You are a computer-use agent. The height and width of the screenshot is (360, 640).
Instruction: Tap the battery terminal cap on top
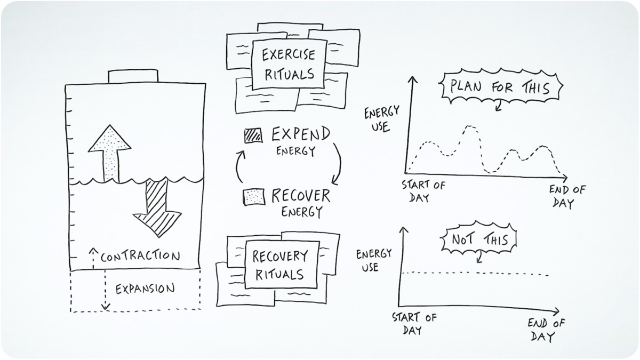(x=132, y=76)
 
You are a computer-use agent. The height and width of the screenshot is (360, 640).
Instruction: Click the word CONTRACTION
(x=140, y=257)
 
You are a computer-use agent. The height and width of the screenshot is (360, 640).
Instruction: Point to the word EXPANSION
(x=145, y=289)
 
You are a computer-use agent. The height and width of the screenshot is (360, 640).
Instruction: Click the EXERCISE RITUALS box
(x=289, y=64)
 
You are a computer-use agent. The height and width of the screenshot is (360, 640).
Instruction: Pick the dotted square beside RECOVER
(x=253, y=196)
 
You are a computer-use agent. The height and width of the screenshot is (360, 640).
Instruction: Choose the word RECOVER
(x=300, y=196)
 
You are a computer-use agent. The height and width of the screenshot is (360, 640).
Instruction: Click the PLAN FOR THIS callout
(x=502, y=87)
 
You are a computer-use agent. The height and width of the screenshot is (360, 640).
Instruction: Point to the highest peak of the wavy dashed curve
(x=469, y=126)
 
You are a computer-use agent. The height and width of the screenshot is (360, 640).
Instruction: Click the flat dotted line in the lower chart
(x=475, y=274)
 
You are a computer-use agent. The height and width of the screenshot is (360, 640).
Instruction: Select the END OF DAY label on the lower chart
(x=547, y=330)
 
